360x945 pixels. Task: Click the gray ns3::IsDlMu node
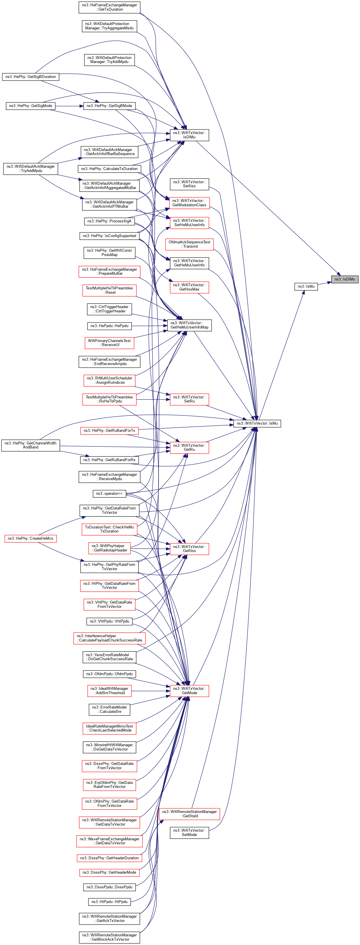[344, 279]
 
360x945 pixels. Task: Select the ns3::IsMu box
[306, 287]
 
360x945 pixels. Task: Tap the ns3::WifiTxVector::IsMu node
[257, 423]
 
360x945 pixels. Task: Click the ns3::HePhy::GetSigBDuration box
[31, 77]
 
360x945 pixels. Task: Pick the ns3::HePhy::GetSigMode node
[31, 106]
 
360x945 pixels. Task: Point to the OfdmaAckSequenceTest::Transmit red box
[189, 244]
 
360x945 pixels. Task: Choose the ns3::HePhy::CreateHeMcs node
[31, 539]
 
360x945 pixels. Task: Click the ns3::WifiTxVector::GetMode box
[189, 691]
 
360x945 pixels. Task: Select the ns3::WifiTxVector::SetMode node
[189, 833]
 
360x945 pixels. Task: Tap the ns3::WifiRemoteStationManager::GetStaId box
[189, 814]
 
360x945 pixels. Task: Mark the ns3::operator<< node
[109, 493]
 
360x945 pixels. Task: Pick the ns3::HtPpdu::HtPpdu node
[109, 901]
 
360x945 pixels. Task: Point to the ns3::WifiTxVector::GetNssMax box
[189, 287]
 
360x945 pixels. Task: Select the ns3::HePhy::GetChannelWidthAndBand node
[31, 445]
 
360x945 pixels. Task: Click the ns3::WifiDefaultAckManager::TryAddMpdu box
[31, 168]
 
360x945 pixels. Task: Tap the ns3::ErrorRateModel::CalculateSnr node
[109, 709]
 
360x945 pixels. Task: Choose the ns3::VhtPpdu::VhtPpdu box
[109, 621]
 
